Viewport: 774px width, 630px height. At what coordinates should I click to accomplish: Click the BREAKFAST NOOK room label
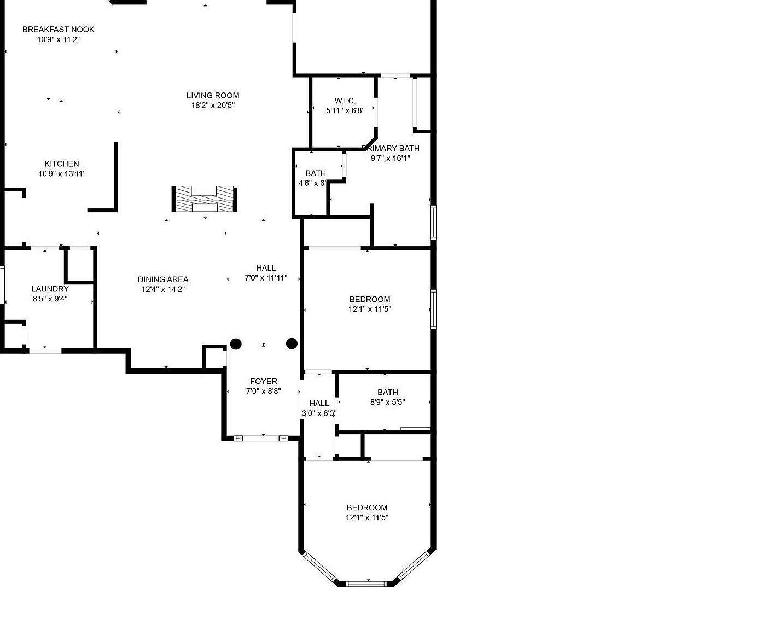click(58, 30)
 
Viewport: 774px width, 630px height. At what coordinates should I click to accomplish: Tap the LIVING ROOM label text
click(213, 95)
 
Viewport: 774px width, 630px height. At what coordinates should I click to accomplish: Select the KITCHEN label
click(62, 164)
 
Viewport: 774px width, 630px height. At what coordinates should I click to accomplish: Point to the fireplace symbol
click(205, 199)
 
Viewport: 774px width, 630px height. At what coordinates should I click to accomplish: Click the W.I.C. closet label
click(345, 101)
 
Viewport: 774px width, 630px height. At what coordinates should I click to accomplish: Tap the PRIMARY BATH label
click(392, 148)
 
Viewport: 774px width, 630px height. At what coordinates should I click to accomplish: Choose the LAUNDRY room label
click(50, 289)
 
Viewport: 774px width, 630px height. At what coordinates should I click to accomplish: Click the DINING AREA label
click(163, 279)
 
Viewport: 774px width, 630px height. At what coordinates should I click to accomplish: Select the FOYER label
click(264, 381)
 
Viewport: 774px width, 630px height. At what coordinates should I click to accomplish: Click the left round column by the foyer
click(236, 344)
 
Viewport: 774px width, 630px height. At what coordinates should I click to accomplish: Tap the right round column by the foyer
click(292, 343)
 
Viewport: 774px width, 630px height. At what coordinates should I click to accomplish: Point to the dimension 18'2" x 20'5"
click(213, 106)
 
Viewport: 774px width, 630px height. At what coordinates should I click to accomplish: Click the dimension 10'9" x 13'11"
click(62, 174)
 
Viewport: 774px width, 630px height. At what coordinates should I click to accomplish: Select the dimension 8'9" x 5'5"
click(387, 402)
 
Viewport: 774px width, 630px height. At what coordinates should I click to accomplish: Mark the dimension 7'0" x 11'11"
click(266, 278)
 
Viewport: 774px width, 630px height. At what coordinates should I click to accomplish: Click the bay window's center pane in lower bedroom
click(367, 584)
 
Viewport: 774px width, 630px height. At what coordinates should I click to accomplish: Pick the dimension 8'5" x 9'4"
click(50, 299)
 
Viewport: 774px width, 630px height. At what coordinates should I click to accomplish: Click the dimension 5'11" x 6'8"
click(345, 110)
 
